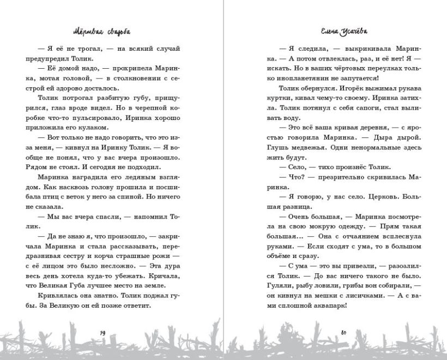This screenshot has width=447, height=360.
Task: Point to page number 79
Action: (x=104, y=333)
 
